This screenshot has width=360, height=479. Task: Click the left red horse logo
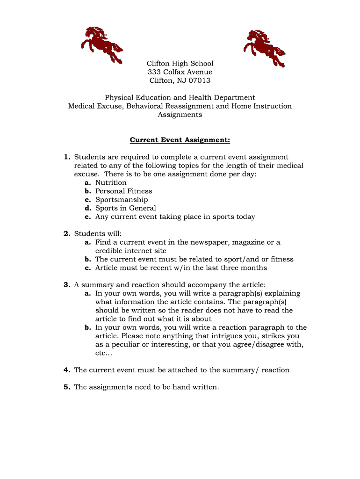(101, 45)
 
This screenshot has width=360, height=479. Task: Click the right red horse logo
(264, 48)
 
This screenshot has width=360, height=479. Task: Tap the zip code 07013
(200, 80)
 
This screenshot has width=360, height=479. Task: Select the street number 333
(154, 72)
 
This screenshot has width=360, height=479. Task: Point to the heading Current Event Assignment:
(180, 140)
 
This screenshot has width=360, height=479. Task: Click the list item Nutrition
(111, 182)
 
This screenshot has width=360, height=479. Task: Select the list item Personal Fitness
(124, 191)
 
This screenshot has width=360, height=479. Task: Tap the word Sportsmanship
(122, 200)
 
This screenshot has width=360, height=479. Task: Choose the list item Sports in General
(126, 208)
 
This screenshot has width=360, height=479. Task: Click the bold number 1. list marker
(67, 157)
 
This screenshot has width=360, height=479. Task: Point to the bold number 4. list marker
(67, 370)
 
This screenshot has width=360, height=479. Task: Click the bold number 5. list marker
(67, 387)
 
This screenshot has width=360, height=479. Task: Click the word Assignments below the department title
(180, 115)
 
